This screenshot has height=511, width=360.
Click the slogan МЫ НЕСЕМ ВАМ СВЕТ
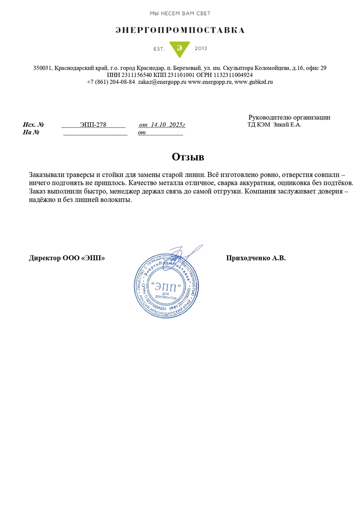coord(180,13)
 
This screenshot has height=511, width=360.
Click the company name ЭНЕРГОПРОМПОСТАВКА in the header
coord(180,30)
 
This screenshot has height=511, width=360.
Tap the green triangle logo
coord(179,49)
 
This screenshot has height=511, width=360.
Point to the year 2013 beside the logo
coord(201,48)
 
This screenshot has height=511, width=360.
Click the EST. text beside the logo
coord(159,49)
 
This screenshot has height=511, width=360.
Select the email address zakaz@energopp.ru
coord(162,82)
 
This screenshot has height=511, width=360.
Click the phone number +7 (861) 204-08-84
coord(111,82)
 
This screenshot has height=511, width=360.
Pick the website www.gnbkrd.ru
coord(253,82)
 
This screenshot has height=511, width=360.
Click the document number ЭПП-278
coord(93,125)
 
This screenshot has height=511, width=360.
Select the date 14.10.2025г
coord(168,125)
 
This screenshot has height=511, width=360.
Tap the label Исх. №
coord(33,125)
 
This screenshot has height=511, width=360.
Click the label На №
coord(31,132)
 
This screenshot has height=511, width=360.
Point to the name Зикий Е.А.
coord(287,125)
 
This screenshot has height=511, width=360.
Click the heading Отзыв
coord(188,157)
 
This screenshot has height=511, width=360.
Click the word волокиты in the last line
coord(118,200)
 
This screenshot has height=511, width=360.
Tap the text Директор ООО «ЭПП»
coord(67,258)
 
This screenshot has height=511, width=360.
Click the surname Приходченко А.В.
coord(256,258)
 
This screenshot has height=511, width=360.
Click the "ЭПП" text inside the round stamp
coord(166,287)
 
